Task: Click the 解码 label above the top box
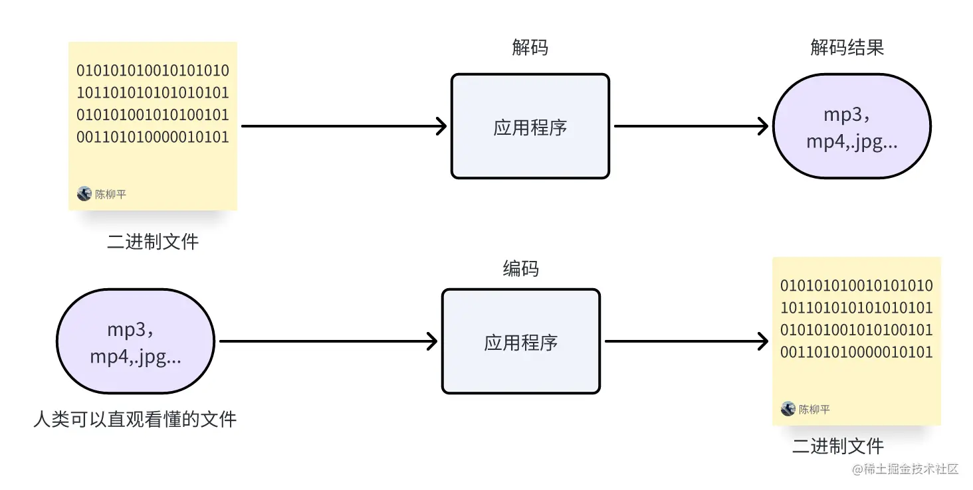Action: click(530, 48)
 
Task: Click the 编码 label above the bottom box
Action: click(520, 269)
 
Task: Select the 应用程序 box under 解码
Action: click(530, 126)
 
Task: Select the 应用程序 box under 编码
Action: click(520, 341)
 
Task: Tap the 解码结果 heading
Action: click(847, 48)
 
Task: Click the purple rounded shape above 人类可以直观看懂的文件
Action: click(136, 341)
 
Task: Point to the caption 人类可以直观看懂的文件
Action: click(135, 420)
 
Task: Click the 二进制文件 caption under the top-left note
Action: click(153, 242)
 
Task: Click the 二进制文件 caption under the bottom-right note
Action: click(837, 446)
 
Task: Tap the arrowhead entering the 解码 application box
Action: click(441, 126)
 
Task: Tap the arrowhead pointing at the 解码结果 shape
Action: click(763, 126)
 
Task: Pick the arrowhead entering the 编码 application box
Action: click(431, 341)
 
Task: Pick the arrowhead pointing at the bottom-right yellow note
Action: click(763, 341)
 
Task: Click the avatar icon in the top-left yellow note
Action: click(84, 194)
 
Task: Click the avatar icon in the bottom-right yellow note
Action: click(788, 409)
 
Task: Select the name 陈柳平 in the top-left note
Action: click(110, 195)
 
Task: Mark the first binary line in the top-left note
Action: click(153, 70)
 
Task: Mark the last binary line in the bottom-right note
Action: click(857, 353)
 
